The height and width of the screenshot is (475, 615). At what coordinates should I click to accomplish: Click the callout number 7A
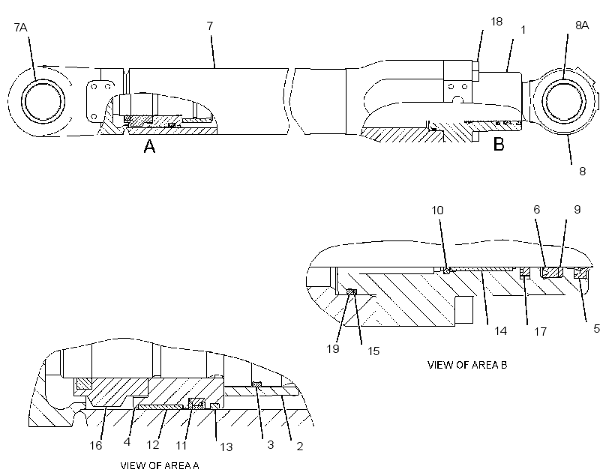(x=20, y=28)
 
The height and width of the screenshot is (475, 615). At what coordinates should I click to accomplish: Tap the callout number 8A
(x=582, y=25)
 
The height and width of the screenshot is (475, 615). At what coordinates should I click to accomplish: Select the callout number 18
(x=496, y=22)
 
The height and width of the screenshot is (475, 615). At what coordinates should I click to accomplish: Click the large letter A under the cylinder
(x=149, y=146)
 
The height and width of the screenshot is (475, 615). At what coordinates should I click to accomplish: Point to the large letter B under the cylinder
(x=499, y=145)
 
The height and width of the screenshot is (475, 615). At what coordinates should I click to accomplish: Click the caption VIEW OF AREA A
(x=160, y=465)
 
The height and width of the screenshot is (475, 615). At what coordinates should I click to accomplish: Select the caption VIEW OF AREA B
(x=467, y=365)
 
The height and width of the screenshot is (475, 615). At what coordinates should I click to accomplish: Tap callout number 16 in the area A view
(x=96, y=446)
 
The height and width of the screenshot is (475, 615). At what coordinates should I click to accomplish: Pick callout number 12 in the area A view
(x=153, y=445)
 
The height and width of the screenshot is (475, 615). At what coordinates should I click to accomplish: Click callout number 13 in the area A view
(x=226, y=447)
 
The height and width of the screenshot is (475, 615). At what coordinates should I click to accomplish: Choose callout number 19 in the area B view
(x=332, y=348)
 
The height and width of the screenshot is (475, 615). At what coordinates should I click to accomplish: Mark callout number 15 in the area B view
(x=373, y=351)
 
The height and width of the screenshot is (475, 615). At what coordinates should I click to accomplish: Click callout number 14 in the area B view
(x=500, y=331)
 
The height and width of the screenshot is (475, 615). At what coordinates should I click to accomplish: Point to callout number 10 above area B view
(x=437, y=211)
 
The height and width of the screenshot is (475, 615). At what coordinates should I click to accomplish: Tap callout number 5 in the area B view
(x=596, y=328)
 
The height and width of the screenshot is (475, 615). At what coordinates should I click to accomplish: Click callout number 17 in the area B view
(x=541, y=332)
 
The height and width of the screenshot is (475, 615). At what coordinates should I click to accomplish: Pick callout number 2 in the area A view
(x=300, y=447)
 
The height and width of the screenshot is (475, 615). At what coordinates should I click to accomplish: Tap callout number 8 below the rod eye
(x=583, y=172)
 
